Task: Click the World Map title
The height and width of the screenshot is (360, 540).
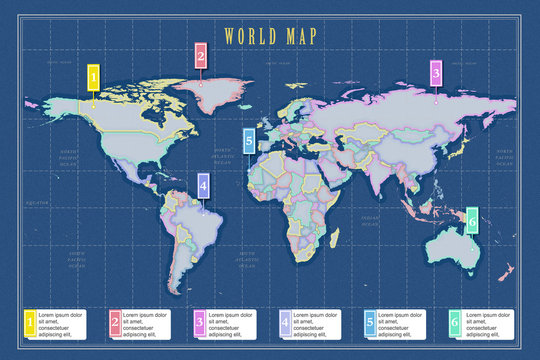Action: [270, 37]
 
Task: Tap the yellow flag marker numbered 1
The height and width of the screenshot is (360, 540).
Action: [93, 76]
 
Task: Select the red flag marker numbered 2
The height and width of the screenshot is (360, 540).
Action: [201, 56]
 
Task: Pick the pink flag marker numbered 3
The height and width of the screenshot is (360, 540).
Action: [435, 72]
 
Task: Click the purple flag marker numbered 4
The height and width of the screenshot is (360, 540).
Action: [203, 185]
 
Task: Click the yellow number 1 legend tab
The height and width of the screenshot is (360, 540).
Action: [29, 322]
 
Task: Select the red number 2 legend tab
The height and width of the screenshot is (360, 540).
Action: [114, 322]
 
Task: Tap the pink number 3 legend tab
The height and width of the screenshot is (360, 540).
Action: [199, 322]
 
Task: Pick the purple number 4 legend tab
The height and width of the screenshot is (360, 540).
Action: [285, 322]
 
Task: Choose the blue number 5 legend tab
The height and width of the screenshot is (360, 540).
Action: [370, 322]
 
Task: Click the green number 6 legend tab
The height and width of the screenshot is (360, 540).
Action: [455, 322]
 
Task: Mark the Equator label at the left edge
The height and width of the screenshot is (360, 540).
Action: [37, 201]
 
